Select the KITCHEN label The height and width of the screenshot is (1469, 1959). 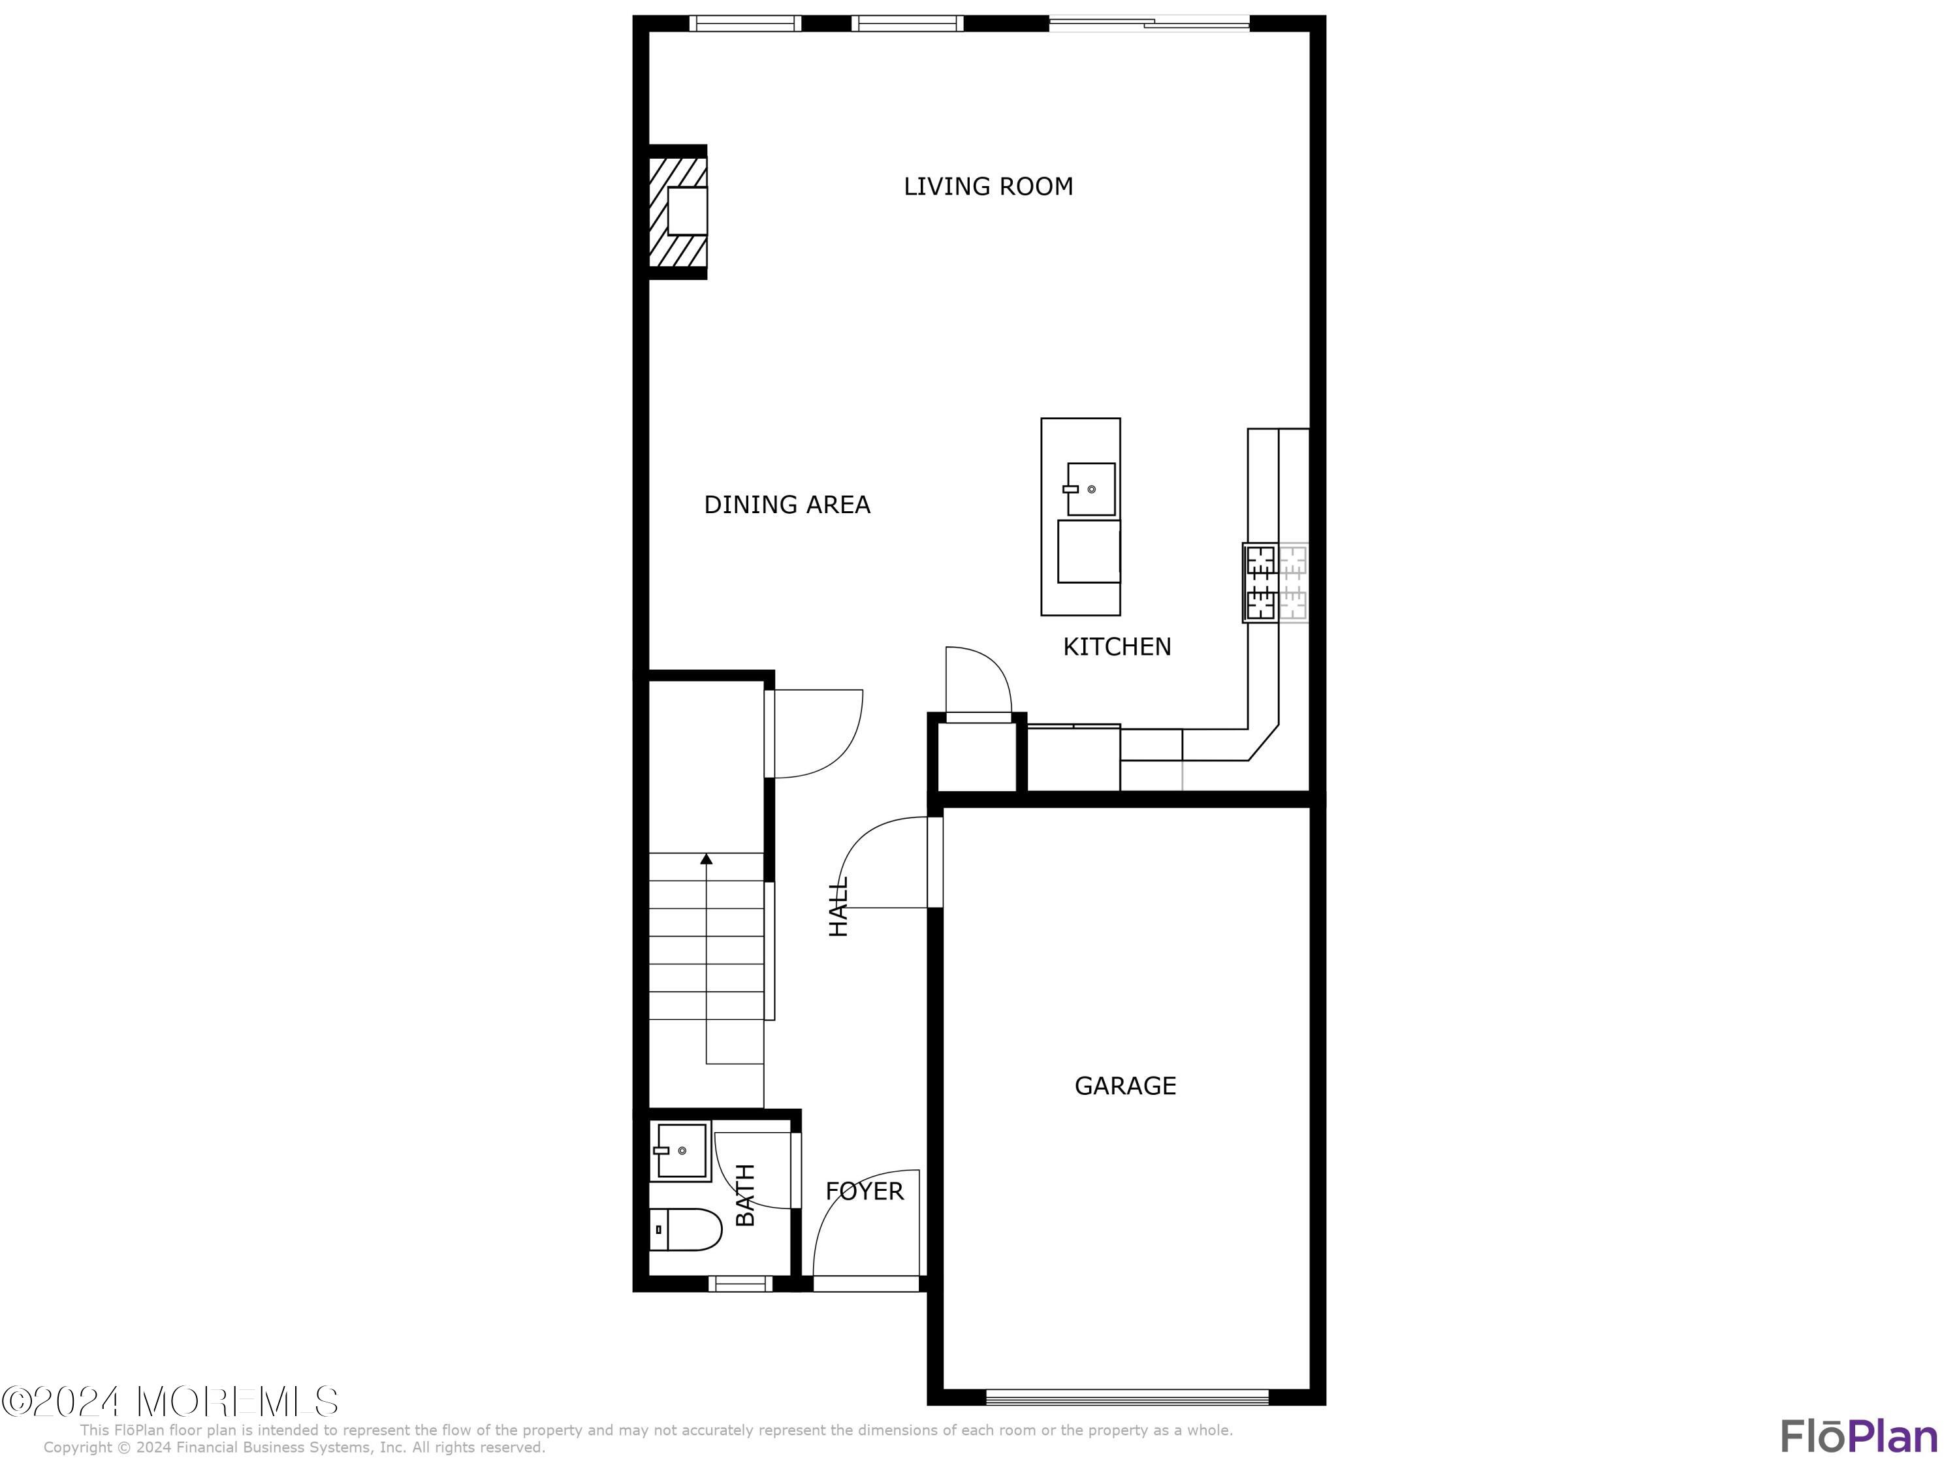(1116, 646)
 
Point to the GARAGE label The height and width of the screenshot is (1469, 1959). (1124, 1086)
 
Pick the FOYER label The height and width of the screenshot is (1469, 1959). (865, 1191)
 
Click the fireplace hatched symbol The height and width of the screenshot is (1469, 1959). (678, 212)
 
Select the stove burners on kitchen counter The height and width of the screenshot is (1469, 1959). (1260, 582)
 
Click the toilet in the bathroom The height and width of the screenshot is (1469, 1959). (687, 1229)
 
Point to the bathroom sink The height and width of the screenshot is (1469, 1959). (680, 1150)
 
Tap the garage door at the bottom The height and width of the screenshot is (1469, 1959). (1126, 1398)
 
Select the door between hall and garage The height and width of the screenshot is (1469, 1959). (934, 862)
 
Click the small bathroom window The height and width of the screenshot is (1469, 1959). (741, 1283)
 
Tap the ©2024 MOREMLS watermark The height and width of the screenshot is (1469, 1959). (170, 1401)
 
